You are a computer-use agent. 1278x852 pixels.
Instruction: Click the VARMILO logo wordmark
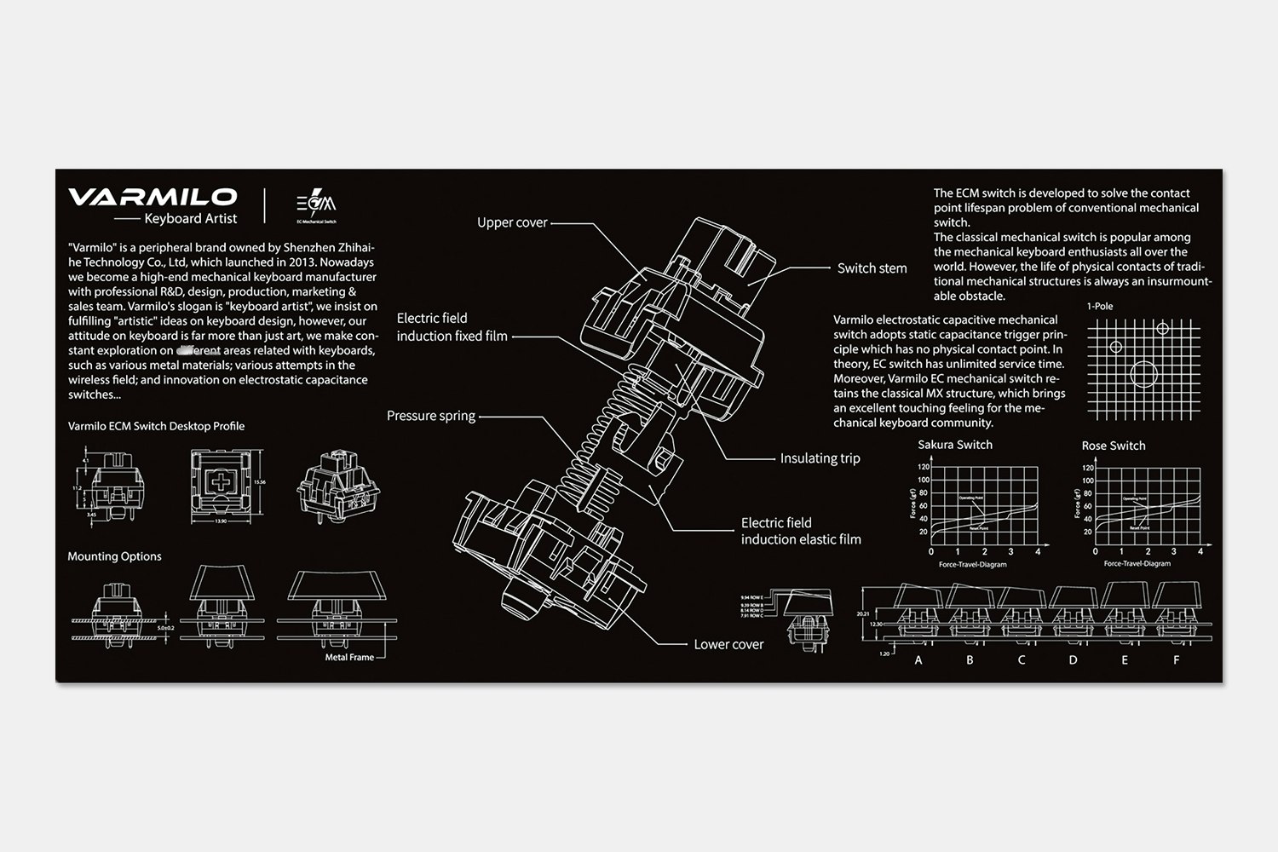153,197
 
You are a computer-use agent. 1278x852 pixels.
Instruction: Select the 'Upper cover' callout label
512,222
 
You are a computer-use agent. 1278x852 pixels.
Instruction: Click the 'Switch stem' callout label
872,268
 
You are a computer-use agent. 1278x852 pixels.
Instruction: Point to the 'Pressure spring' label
431,416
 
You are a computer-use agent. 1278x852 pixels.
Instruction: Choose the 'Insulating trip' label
820,458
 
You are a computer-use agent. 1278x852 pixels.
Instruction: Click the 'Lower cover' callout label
728,644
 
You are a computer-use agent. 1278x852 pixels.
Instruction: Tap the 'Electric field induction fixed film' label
452,327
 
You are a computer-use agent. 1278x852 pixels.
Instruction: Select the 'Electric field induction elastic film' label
800,531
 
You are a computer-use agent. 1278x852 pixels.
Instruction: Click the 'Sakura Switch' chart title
955,445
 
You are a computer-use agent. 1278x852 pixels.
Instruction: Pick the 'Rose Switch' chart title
1114,446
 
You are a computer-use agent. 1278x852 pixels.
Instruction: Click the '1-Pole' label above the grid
1100,306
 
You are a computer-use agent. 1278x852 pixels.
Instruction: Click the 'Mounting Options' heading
114,556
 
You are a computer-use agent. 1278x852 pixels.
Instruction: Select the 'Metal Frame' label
349,657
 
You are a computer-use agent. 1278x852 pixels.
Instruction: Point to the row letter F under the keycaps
1177,659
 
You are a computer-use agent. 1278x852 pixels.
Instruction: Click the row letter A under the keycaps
918,659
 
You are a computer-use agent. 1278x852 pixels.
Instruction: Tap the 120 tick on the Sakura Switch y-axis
922,468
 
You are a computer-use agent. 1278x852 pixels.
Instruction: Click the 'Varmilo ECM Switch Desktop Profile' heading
156,426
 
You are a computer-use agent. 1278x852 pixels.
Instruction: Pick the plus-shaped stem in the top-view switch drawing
221,482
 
